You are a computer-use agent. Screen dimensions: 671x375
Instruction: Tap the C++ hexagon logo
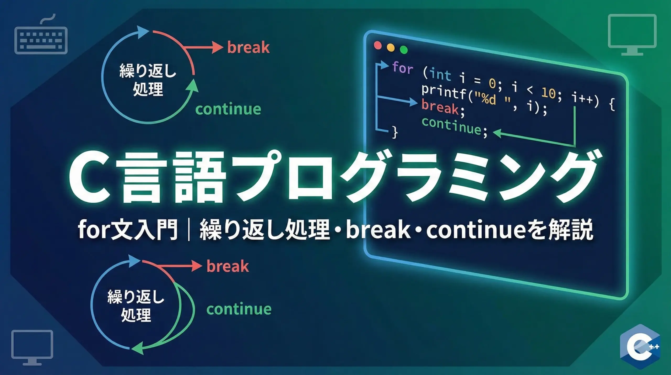coord(640,346)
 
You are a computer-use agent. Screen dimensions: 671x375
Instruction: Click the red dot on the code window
coord(378,45)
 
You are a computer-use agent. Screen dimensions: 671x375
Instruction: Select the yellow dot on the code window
coord(391,47)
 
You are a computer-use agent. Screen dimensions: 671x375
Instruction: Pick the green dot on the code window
coord(404,50)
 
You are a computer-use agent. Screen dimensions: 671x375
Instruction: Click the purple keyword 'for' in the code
coord(403,67)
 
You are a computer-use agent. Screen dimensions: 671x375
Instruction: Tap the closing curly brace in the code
coord(395,132)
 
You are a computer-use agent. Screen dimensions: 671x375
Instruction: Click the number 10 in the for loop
coord(548,92)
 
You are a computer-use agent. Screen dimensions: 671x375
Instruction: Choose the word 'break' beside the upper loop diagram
coord(248,47)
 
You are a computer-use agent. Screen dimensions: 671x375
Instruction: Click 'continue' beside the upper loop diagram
coord(228,109)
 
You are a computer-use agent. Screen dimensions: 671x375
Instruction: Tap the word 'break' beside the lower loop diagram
coord(228,266)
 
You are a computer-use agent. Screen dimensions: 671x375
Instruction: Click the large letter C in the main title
coord(89,179)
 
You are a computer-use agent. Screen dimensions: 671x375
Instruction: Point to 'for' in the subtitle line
coord(94,230)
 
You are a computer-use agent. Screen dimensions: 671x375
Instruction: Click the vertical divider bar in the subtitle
coord(189,230)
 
